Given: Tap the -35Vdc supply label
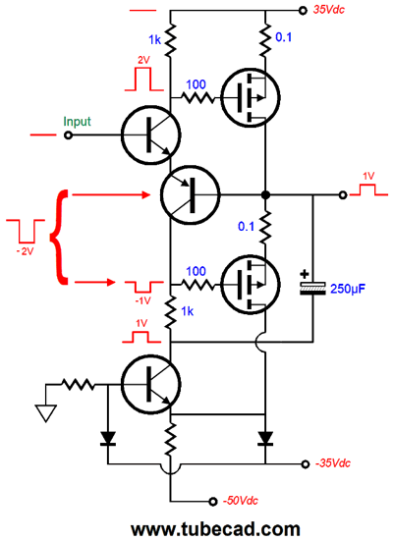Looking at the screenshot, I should pos(336,461).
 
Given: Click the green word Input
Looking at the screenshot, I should pos(78,122).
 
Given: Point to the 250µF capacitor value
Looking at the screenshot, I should pos(347,288).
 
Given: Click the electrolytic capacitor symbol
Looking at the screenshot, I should pos(312,288).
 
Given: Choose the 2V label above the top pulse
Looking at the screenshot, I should pos(142,59).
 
